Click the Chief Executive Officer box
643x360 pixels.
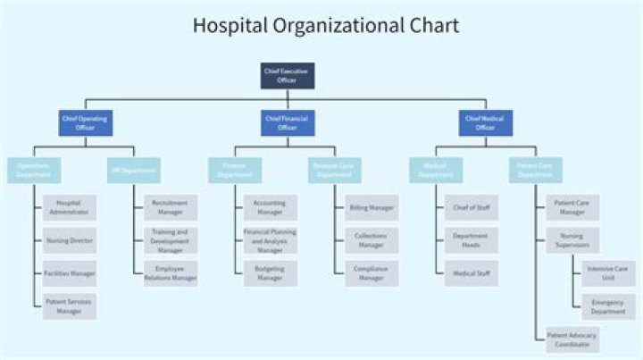[287, 75]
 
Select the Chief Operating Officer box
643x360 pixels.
[86, 122]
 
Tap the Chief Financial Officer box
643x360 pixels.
[287, 122]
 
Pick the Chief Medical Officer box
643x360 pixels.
[486, 122]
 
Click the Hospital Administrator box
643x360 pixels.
[69, 207]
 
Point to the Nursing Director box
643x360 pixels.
[69, 240]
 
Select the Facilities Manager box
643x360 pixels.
[69, 273]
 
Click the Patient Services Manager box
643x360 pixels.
[69, 306]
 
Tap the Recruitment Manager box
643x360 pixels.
[170, 207]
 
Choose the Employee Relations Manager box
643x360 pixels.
[170, 273]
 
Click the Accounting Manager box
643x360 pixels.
[270, 207]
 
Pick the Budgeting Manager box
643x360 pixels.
[270, 273]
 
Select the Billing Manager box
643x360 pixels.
[371, 207]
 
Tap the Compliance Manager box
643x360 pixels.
[371, 273]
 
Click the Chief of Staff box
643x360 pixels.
[471, 207]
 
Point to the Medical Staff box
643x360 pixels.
[471, 273]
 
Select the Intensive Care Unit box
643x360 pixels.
[607, 273]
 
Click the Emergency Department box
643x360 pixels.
[607, 306]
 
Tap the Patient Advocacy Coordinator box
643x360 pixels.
[572, 339]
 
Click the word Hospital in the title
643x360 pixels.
[229, 25]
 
